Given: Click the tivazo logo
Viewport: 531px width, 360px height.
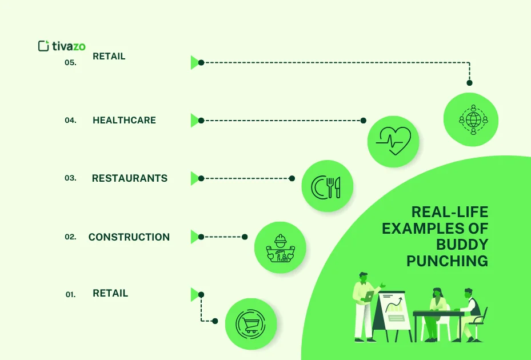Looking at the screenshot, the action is tap(62, 46).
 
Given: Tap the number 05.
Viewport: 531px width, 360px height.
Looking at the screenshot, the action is tap(70, 63).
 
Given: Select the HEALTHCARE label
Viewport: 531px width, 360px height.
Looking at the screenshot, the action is tap(124, 120).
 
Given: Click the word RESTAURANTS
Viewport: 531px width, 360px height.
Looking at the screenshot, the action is tap(130, 178).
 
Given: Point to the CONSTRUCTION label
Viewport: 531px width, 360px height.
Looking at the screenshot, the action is tap(129, 237).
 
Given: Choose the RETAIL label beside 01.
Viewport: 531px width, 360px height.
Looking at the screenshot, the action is tap(110, 293).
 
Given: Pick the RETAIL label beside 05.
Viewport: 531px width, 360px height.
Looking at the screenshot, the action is tap(109, 56).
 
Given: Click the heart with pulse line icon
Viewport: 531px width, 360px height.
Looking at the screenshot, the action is tap(393, 141).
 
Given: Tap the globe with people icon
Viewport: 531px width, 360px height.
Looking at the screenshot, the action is tap(473, 119).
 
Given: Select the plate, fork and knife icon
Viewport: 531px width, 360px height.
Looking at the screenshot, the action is tap(326, 187).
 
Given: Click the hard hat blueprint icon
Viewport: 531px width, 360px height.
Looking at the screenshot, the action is tap(281, 248).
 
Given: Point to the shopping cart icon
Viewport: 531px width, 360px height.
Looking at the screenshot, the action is tap(250, 324).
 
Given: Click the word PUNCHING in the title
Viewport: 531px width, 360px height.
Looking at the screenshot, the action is tap(447, 261).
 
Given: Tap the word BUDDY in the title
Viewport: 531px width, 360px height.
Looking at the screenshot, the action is tap(462, 245).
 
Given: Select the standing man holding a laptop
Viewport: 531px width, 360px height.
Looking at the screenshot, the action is tap(365, 307).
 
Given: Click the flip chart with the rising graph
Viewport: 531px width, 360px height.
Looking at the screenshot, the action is tap(393, 315).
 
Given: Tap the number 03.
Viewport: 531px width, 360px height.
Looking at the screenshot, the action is tap(70, 178).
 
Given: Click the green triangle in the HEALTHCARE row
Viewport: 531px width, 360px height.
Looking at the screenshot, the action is tap(195, 121).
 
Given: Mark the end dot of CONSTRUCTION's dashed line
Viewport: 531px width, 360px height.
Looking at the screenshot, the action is tap(245, 237).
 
